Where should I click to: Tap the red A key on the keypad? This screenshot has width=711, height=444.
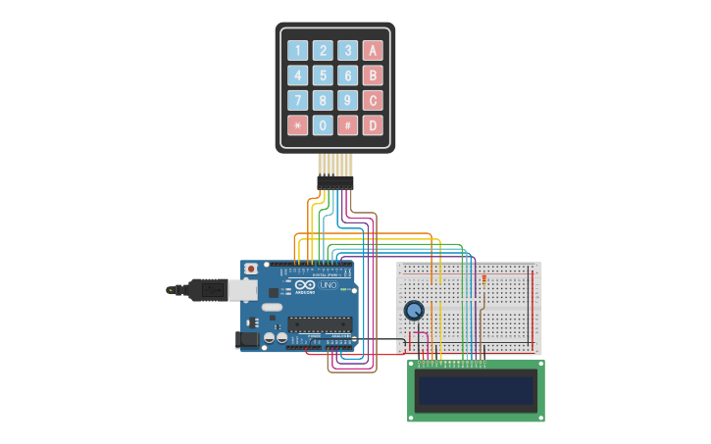click(x=373, y=51)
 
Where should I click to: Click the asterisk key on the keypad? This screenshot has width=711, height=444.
click(x=297, y=125)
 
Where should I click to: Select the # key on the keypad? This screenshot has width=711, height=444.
click(x=347, y=125)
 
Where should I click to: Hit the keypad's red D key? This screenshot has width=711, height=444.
click(x=373, y=125)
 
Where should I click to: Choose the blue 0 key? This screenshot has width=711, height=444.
click(x=323, y=125)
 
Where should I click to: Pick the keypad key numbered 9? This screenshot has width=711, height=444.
click(x=347, y=100)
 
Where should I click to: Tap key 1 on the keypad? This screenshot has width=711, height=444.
click(x=297, y=51)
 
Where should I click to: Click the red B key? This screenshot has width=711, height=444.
click(x=373, y=75)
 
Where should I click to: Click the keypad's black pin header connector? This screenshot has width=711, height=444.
click(x=334, y=182)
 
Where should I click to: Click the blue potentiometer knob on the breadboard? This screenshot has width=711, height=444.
click(x=414, y=311)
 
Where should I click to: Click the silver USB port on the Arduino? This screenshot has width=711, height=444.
click(x=243, y=290)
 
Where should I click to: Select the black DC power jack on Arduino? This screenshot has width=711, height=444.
click(x=247, y=338)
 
